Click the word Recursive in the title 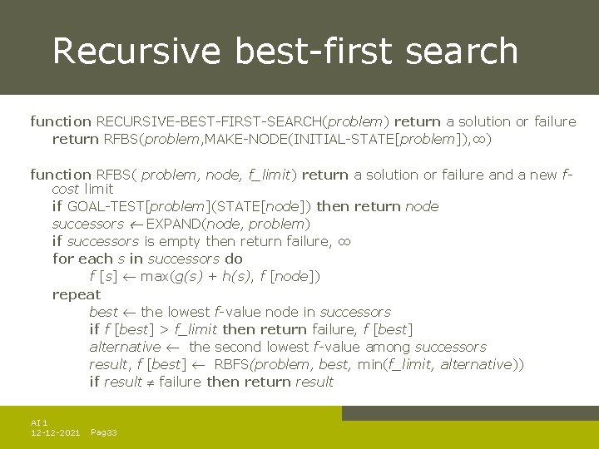tap(136, 51)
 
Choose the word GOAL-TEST tap(105, 206)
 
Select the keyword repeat tap(76, 294)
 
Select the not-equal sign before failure tap(151, 382)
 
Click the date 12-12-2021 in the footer tap(55, 433)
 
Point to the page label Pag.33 tap(103, 433)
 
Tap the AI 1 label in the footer tap(39, 423)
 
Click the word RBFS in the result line tap(232, 364)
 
